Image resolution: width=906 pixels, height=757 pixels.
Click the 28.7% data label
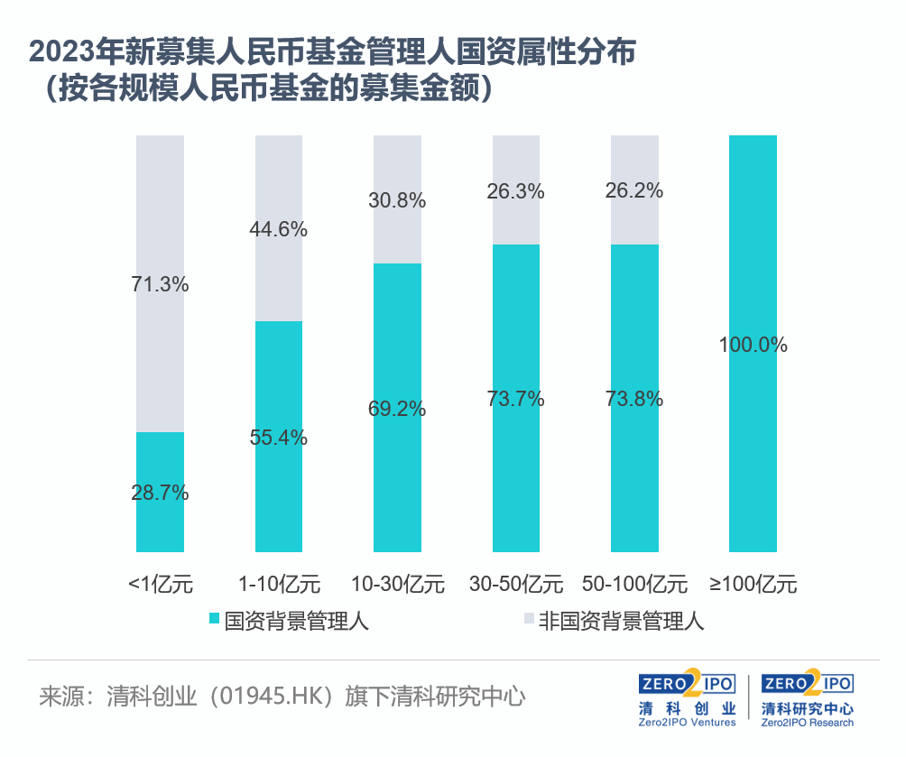point(161,493)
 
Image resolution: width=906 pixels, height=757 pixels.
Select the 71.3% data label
point(161,284)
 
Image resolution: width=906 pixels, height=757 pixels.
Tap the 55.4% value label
point(279,439)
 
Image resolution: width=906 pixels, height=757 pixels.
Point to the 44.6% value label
point(279,229)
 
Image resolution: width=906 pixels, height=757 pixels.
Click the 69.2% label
point(397,409)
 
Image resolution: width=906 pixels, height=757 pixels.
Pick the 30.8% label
point(397,201)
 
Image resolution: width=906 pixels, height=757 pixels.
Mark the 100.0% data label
point(753,345)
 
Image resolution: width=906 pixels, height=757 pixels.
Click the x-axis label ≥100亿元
point(753,583)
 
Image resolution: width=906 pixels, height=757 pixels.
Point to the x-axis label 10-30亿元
point(397,583)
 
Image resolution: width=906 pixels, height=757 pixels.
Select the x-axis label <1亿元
point(161,583)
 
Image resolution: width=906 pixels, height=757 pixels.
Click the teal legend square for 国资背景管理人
point(214,620)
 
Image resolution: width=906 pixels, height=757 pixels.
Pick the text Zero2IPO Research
point(808,722)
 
